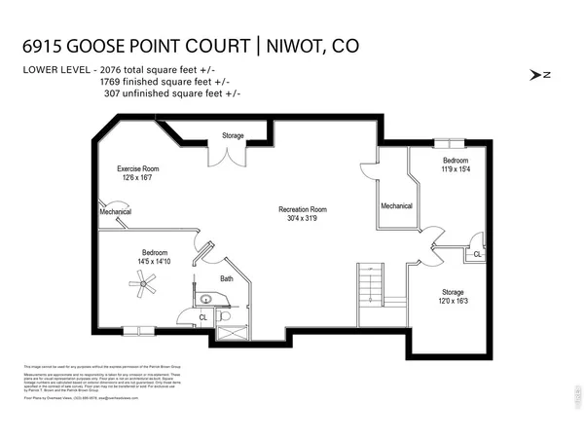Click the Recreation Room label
click(302, 209)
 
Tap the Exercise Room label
click(138, 168)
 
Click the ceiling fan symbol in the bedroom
click(144, 283)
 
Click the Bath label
click(226, 279)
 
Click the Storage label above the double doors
click(233, 135)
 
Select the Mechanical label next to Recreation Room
click(396, 205)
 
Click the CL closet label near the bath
click(202, 316)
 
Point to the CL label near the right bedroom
click(476, 254)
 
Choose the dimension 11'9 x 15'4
click(456, 169)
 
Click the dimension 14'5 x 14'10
click(154, 261)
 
